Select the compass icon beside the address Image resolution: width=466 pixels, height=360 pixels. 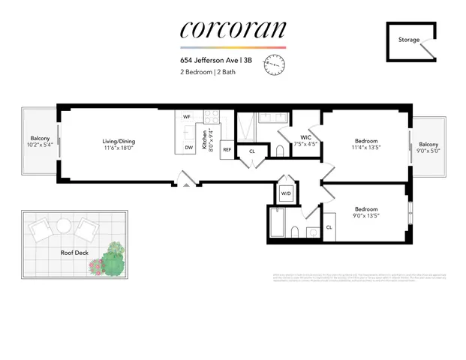(x=275, y=66)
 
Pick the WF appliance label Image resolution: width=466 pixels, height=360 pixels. (x=187, y=118)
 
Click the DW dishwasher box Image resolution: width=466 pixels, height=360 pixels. (x=188, y=148)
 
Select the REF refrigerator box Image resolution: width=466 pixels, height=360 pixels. (x=225, y=149)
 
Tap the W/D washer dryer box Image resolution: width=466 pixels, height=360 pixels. (x=286, y=193)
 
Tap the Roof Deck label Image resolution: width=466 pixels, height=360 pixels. (x=74, y=253)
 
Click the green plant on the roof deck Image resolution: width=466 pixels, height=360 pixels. (x=113, y=259)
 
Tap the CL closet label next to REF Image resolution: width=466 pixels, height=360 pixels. (x=252, y=151)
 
